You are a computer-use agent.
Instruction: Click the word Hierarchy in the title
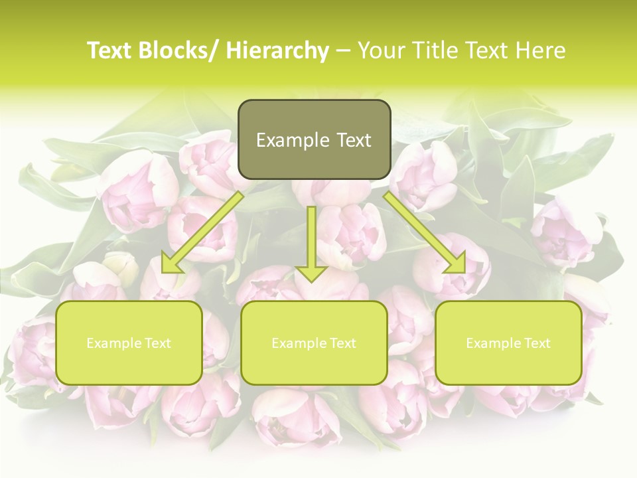(277, 51)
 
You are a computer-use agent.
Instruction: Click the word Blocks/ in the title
(180, 51)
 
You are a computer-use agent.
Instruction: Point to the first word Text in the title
(109, 51)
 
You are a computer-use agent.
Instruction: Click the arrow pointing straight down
(311, 239)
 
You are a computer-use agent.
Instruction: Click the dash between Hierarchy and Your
(343, 51)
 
